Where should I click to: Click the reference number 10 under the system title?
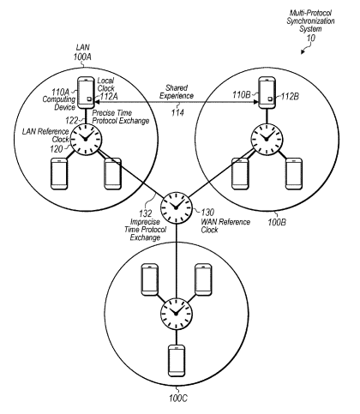pyautogui.click(x=311, y=38)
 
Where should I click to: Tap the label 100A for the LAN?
pyautogui.click(x=82, y=57)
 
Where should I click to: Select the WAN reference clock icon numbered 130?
pyautogui.click(x=176, y=207)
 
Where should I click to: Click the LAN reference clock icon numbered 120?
pyautogui.click(x=86, y=140)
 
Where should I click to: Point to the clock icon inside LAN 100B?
pyautogui.click(x=267, y=139)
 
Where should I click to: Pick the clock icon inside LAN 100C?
pyautogui.click(x=176, y=314)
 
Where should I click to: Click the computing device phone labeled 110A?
pyautogui.click(x=86, y=93)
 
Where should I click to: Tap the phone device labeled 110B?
pyautogui.click(x=267, y=93)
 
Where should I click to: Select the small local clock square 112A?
pyautogui.click(x=89, y=99)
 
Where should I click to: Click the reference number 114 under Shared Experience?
pyautogui.click(x=177, y=113)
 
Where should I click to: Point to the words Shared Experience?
pyautogui.click(x=177, y=92)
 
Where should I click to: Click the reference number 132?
pyautogui.click(x=146, y=213)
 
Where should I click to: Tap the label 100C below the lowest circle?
pyautogui.click(x=178, y=398)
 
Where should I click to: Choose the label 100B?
pyautogui.click(x=277, y=222)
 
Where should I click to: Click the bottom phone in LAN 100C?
pyautogui.click(x=177, y=361)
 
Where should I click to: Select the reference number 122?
pyautogui.click(x=72, y=120)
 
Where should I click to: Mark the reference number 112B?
pyautogui.click(x=290, y=97)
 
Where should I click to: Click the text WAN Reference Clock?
pyautogui.click(x=225, y=225)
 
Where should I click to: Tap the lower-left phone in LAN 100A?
pyautogui.click(x=59, y=174)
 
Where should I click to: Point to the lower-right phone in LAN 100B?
pyautogui.click(x=294, y=174)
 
